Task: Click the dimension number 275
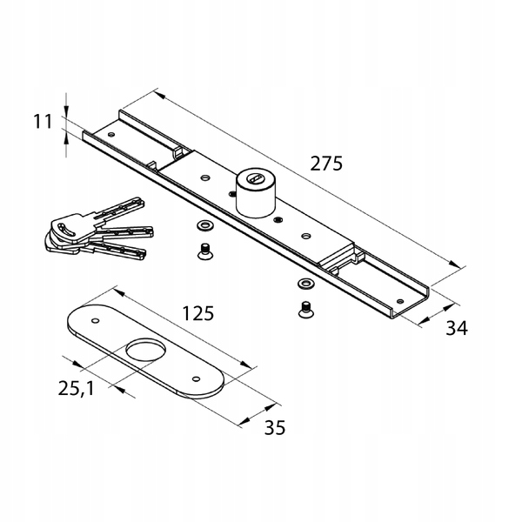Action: point(325,163)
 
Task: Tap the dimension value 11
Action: point(43,122)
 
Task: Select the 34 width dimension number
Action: point(457,328)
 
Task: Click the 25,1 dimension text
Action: point(76,388)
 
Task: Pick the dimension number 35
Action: point(273,428)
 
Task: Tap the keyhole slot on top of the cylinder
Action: point(254,179)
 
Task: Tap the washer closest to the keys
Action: point(205,227)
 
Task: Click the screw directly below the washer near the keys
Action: point(204,252)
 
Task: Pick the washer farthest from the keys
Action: point(305,284)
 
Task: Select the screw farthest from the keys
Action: point(306,307)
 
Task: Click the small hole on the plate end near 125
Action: point(90,319)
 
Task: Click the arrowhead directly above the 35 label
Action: point(273,405)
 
